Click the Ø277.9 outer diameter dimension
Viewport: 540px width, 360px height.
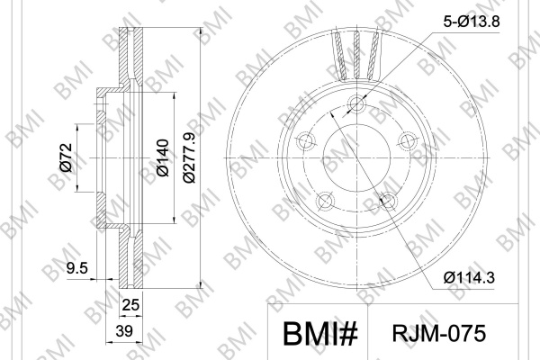click(190, 157)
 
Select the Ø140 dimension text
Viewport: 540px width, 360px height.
click(163, 157)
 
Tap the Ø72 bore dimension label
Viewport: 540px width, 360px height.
click(66, 157)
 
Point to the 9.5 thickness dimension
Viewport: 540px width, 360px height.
click(77, 268)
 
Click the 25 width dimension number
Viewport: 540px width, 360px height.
click(130, 305)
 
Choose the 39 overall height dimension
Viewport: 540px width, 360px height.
click(124, 331)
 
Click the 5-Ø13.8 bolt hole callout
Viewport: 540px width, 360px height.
click(471, 22)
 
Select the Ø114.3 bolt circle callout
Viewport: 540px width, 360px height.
click(469, 277)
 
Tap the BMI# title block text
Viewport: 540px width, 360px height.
click(320, 334)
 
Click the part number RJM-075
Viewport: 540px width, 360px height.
click(439, 334)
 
